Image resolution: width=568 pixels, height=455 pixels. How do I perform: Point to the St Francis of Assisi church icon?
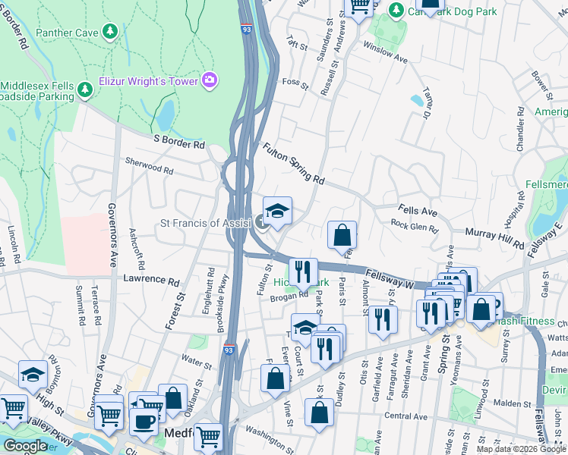click(262, 222)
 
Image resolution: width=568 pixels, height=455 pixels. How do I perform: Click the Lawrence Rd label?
click(151, 279)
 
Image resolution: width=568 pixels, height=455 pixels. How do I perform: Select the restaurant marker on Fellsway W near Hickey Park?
click(303, 270)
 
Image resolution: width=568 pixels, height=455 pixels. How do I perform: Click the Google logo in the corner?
click(24, 446)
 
